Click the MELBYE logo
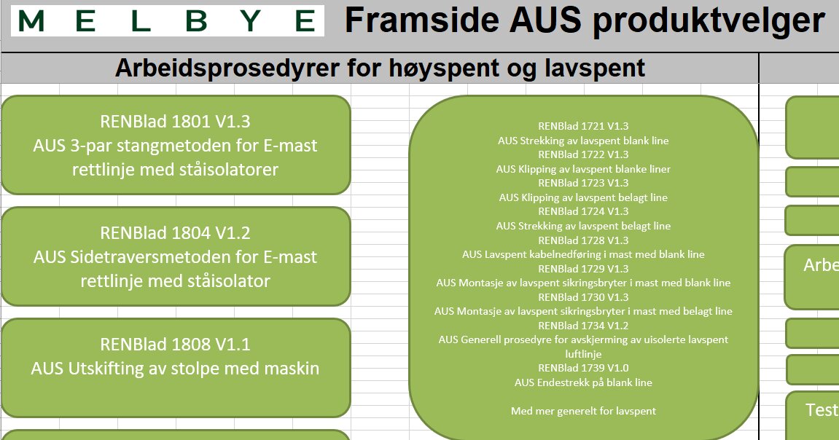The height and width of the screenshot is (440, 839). click(168, 21)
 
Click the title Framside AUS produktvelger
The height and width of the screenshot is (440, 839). click(585, 20)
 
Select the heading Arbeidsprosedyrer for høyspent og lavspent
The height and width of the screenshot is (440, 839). click(380, 68)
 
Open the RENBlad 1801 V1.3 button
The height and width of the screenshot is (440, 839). click(176, 145)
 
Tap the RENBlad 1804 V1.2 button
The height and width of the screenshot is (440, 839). click(176, 256)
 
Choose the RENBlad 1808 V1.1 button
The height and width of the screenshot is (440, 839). click(176, 368)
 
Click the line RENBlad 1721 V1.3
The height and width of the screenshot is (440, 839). click(583, 126)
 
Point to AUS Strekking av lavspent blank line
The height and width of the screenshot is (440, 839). click(583, 141)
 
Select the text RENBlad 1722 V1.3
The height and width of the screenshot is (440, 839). click(583, 154)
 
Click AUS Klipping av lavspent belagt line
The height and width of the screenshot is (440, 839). click(583, 197)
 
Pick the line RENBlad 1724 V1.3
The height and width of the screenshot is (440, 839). click(583, 211)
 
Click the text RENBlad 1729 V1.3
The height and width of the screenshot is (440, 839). click(583, 268)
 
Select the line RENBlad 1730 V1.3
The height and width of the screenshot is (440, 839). click(583, 296)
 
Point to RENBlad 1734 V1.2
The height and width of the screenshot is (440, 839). click(583, 325)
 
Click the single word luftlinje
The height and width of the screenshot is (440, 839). click(583, 354)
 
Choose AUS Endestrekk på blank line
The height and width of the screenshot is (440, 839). click(583, 382)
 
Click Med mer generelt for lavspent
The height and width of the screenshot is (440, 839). click(583, 411)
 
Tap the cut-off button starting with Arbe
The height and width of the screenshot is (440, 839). click(812, 277)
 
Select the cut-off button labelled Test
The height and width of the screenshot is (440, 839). click(812, 415)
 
